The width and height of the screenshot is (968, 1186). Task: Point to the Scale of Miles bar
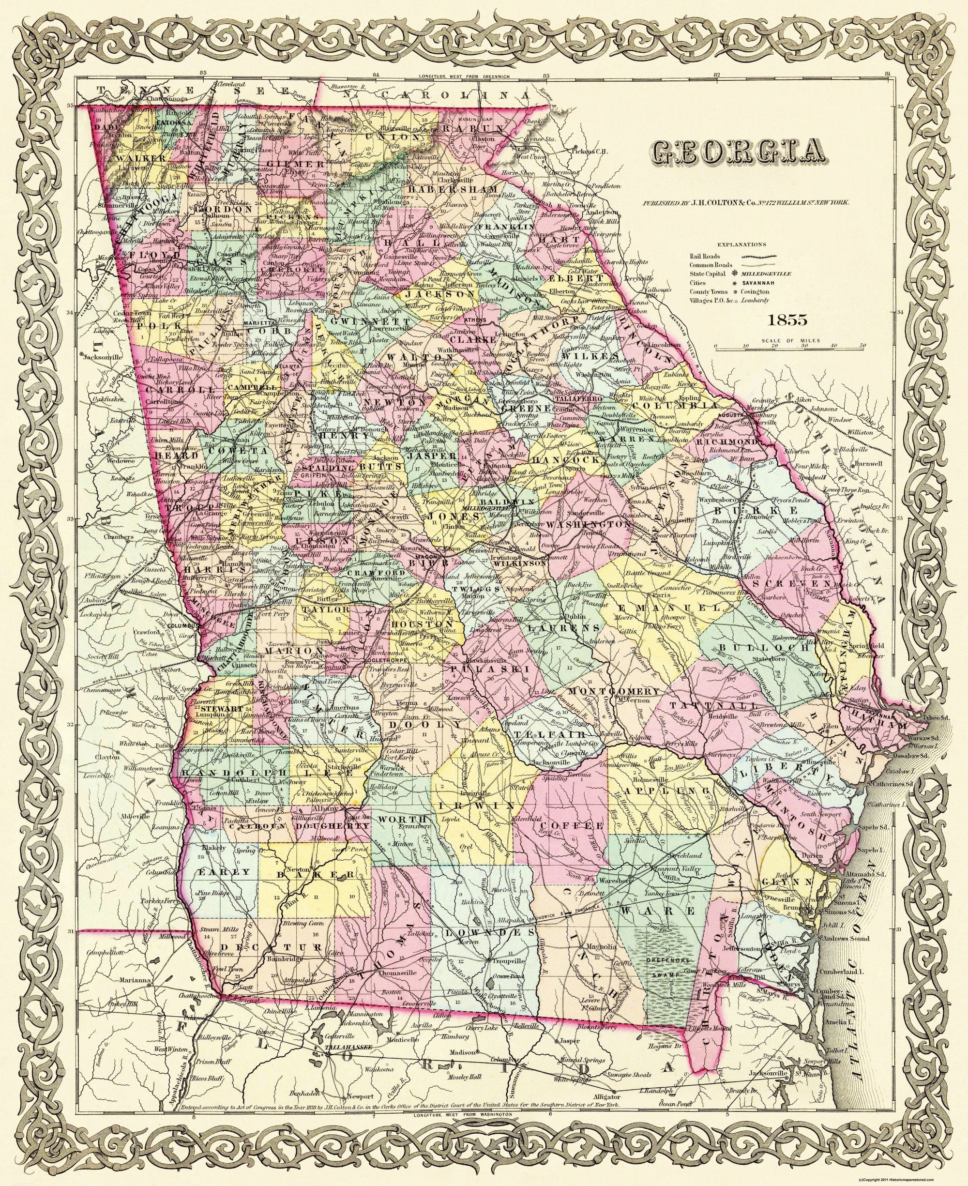(789, 349)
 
